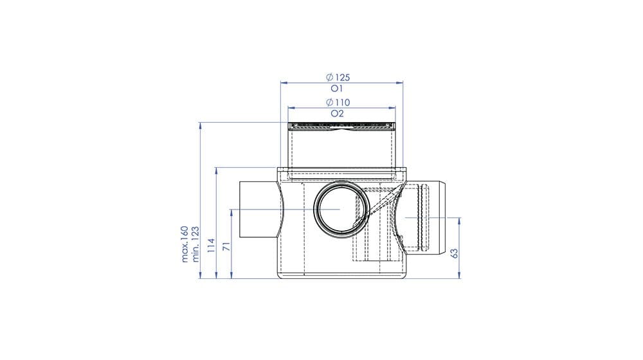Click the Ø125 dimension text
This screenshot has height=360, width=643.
(338, 77)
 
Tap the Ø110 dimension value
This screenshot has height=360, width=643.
(338, 102)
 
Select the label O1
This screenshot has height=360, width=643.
(337, 89)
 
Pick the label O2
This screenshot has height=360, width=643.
(337, 114)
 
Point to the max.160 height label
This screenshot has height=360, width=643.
(185, 244)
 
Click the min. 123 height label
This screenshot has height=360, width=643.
(195, 244)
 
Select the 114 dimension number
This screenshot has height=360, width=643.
(211, 245)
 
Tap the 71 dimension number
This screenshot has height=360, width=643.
(226, 246)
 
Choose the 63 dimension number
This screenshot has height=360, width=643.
(454, 253)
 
